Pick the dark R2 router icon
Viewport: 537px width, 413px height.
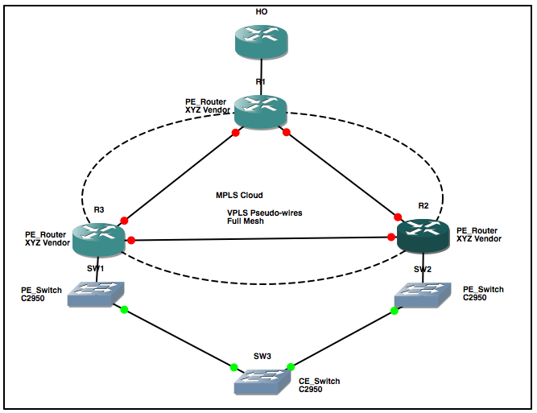[425, 235]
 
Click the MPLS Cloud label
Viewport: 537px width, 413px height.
[239, 196]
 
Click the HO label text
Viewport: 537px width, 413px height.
[261, 11]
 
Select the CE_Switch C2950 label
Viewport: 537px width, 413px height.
[320, 385]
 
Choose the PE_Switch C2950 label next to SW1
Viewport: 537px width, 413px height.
[46, 292]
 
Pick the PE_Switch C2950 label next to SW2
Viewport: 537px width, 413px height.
[484, 292]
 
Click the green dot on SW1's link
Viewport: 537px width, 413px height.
[124, 309]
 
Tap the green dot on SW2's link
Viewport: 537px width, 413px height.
[395, 309]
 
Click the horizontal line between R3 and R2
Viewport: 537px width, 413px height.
[258, 239]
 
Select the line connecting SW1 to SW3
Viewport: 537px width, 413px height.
[177, 337]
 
